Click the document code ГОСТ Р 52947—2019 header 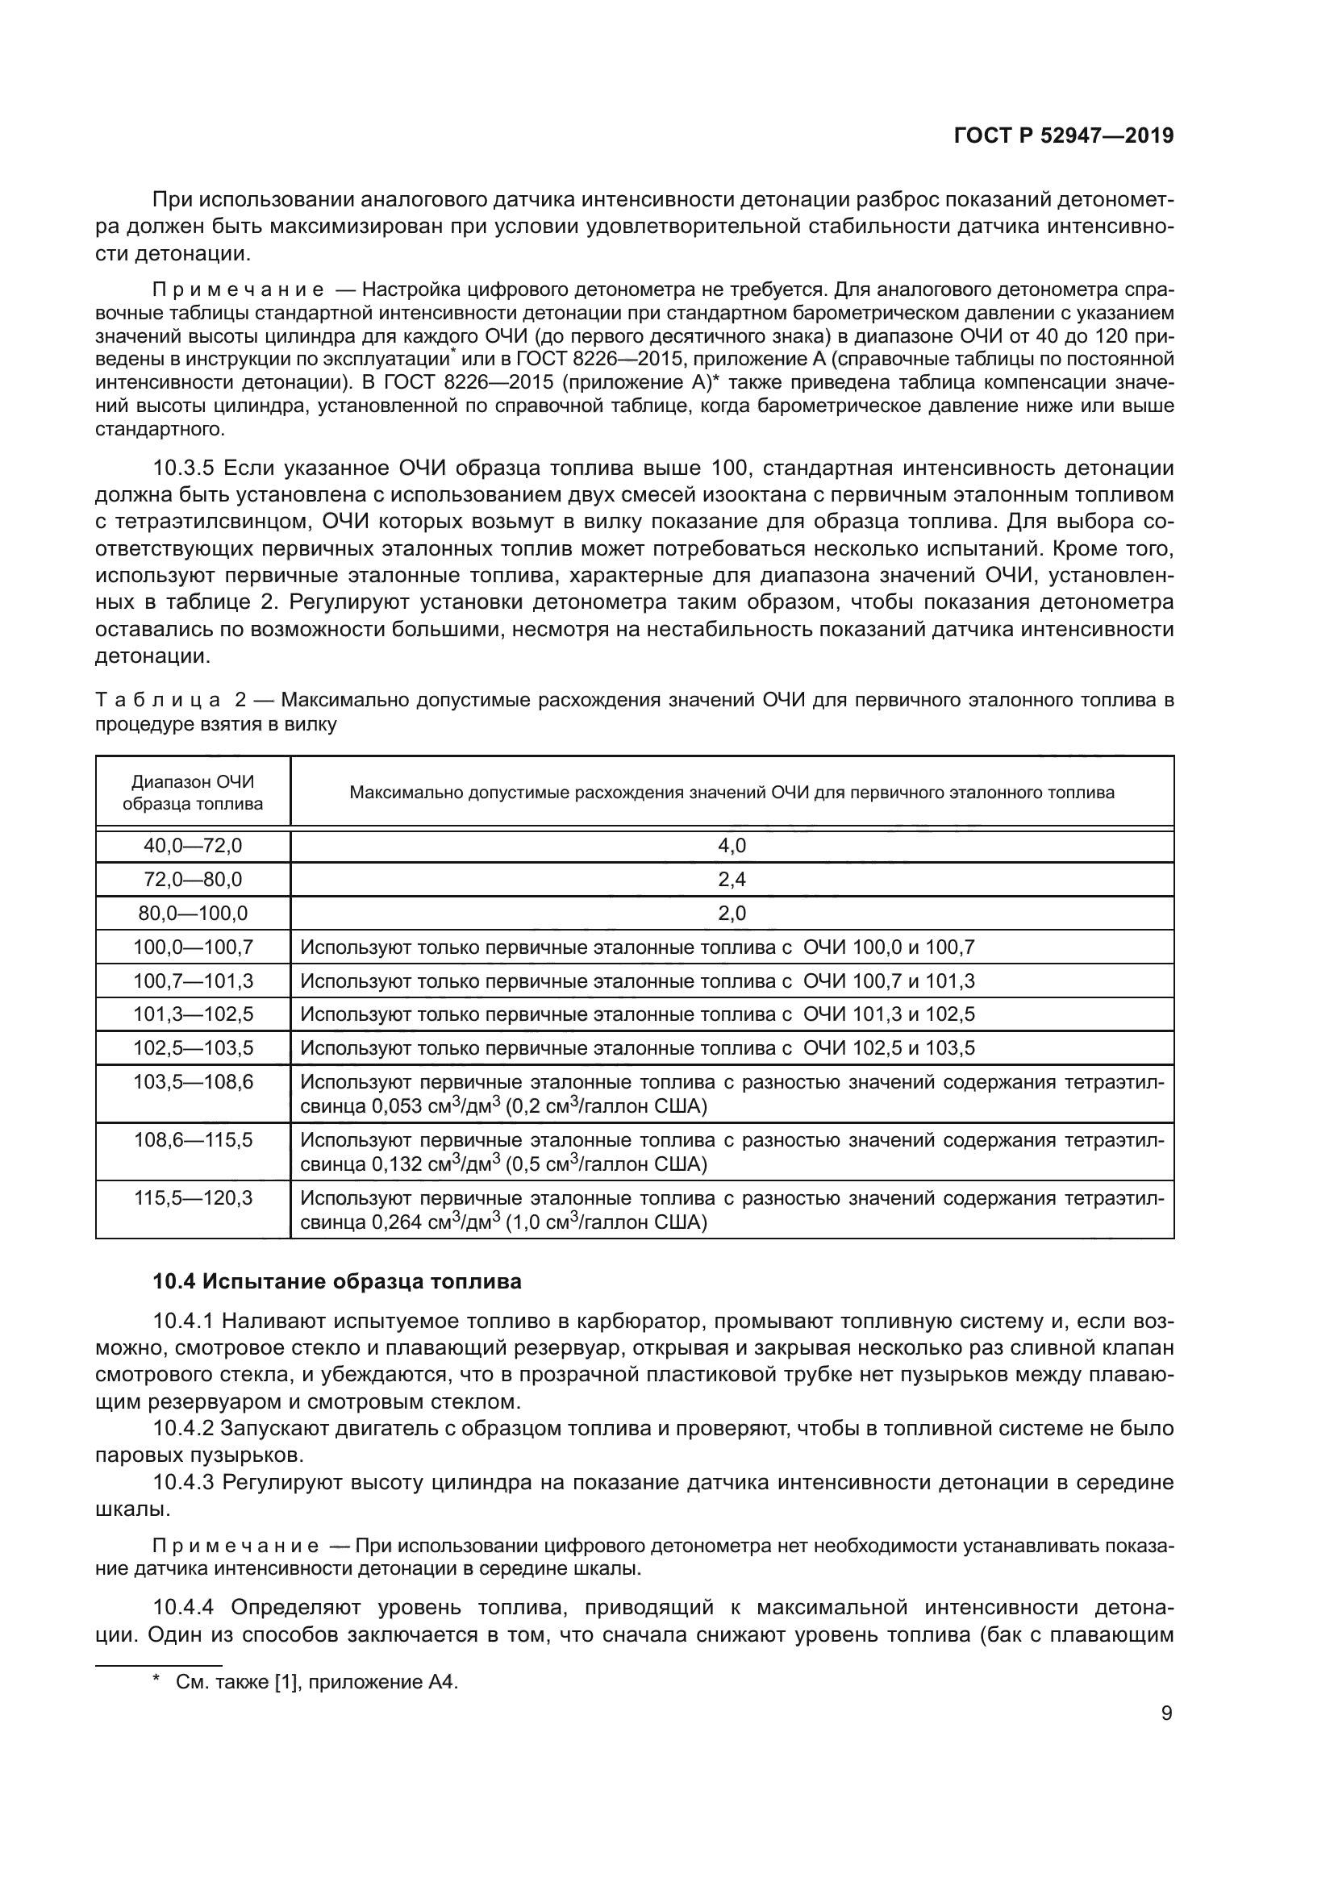click(x=1064, y=135)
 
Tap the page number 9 click(x=1166, y=1713)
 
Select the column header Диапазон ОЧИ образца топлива click(x=193, y=793)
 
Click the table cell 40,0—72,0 click(x=193, y=845)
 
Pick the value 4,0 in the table click(x=732, y=845)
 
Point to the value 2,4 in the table click(x=732, y=879)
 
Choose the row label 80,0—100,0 click(x=193, y=913)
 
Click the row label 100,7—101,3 click(x=193, y=980)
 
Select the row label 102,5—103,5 click(x=193, y=1047)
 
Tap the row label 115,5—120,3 click(x=193, y=1197)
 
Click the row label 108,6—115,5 click(x=193, y=1139)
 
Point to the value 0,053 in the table click(x=398, y=1106)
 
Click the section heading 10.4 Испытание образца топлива click(x=337, y=1281)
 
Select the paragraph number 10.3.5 click(x=183, y=468)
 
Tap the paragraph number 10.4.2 click(x=183, y=1428)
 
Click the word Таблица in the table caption click(x=158, y=700)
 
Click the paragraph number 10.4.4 click(x=183, y=1607)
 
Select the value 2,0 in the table click(x=732, y=913)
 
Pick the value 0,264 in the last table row click(x=398, y=1222)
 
